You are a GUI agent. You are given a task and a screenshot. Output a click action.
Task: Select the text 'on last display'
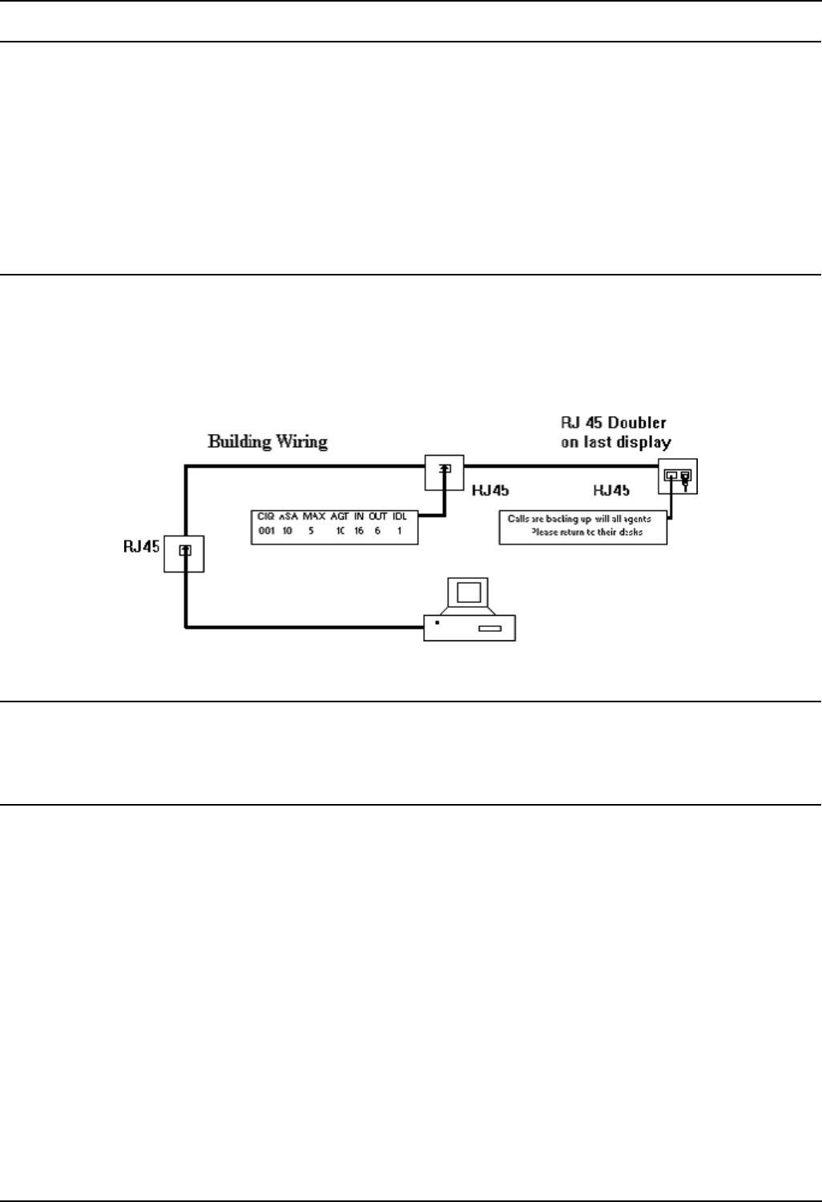coord(615,442)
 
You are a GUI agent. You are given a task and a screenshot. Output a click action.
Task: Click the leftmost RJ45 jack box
coord(184,550)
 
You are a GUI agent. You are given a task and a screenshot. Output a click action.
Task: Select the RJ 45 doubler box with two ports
coord(677,478)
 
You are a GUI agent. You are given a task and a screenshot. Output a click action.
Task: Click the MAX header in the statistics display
coord(313,517)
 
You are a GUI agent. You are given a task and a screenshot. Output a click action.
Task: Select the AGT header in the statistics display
coord(340,517)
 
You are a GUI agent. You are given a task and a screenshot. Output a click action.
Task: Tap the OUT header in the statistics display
coord(378,517)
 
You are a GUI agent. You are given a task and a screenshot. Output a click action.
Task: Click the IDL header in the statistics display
coord(399,517)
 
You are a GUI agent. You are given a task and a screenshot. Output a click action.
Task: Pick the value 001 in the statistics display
coord(267,531)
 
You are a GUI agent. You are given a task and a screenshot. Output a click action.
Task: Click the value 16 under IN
coord(359,531)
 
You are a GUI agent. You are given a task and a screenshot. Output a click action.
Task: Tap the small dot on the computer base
coord(437,622)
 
